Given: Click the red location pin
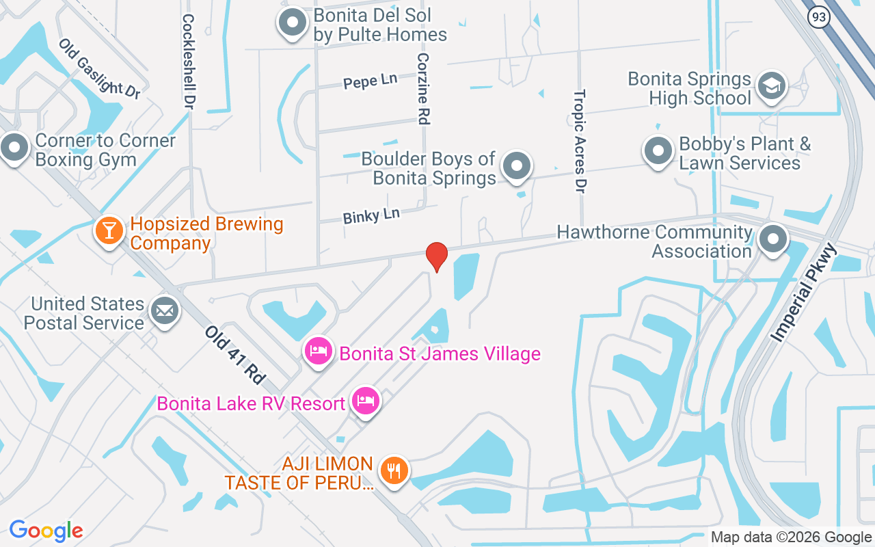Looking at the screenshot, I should tap(436, 256).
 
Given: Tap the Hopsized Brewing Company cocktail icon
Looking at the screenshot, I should tap(109, 230).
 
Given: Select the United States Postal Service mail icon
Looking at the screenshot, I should tap(164, 311).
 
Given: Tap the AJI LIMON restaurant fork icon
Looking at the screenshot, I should tap(394, 471).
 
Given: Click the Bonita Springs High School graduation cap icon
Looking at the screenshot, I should tap(772, 86).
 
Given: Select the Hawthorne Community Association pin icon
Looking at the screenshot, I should tap(774, 239).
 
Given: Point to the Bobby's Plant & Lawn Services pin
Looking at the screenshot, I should tap(658, 151).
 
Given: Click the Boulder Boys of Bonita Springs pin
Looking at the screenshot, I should tap(517, 166).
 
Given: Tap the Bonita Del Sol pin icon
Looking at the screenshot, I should tap(293, 23).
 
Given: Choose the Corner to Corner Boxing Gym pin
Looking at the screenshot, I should tap(14, 147).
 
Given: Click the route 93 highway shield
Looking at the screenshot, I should tap(818, 17).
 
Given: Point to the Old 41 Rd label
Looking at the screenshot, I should tap(234, 354).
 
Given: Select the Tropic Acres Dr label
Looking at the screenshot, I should tap(580, 141).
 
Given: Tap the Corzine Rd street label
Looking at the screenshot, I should tap(423, 89).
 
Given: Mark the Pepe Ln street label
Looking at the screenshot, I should tap(370, 81).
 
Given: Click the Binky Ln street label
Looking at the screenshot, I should tap(371, 216).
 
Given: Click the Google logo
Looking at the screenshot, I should tap(46, 531).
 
